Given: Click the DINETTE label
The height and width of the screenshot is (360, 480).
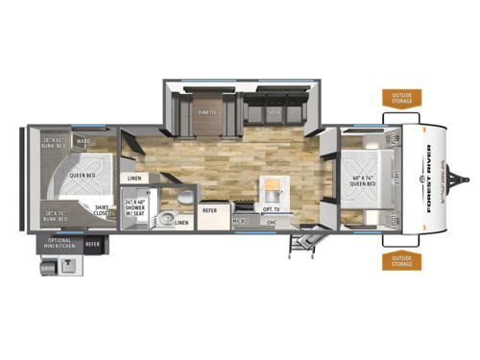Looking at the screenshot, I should [x=206, y=111].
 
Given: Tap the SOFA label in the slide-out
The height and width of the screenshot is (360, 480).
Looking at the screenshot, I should [x=273, y=111].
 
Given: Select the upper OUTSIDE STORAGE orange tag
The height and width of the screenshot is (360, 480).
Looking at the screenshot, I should [x=400, y=96].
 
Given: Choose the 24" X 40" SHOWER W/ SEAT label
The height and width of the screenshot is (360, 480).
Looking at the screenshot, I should [x=135, y=205].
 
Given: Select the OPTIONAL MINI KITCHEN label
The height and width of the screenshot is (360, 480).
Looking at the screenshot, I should [x=60, y=245].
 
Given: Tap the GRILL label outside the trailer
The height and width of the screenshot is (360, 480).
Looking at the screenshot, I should [x=47, y=270].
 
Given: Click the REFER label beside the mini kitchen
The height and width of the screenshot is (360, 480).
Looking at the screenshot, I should [x=93, y=245].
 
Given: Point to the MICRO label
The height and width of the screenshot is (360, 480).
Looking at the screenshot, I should [x=240, y=221].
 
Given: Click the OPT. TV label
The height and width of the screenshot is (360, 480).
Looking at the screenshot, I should [x=271, y=208].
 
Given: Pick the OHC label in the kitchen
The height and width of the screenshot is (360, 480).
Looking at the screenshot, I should [x=271, y=221].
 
